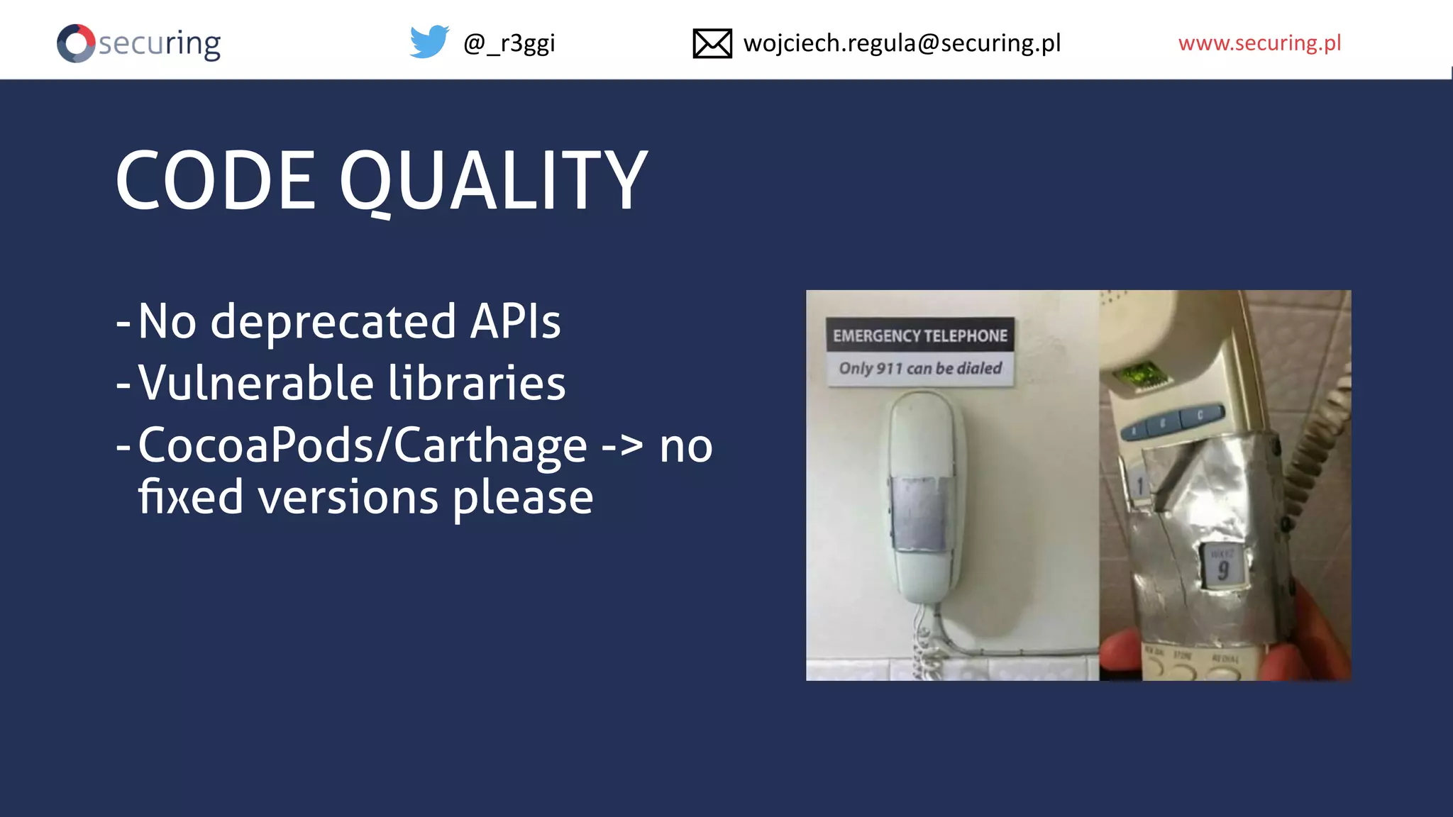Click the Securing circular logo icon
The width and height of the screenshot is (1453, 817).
[76, 44]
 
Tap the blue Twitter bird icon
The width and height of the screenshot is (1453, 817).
[429, 43]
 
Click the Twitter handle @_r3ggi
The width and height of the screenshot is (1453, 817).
[509, 44]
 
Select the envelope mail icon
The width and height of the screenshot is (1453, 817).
[712, 44]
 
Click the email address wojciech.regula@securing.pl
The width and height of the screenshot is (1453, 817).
[902, 44]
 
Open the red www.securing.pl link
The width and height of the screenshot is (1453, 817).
[1259, 43]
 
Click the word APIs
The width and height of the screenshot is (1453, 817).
[515, 321]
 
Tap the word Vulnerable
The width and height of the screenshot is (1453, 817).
[256, 383]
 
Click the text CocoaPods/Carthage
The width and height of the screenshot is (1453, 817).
[363, 446]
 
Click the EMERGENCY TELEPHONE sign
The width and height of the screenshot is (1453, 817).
[919, 335]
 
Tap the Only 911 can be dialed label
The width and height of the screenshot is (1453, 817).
[920, 369]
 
